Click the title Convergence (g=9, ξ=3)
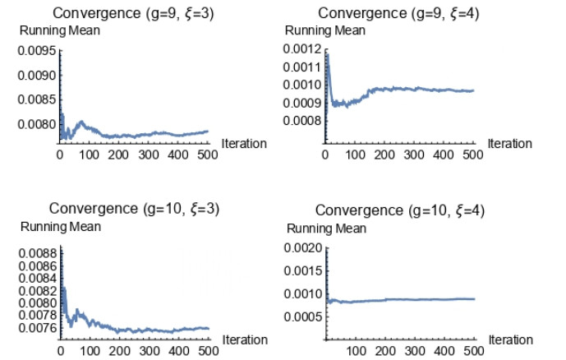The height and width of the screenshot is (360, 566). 133,13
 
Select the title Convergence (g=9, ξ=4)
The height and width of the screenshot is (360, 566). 398,13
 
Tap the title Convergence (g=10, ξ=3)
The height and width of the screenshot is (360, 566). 134,209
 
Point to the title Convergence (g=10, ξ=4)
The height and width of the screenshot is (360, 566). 399,210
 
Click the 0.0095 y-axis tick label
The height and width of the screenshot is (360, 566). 37,51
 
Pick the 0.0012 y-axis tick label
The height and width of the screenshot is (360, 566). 302,48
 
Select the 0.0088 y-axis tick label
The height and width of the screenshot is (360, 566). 38,253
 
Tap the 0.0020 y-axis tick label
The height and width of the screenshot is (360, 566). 303,248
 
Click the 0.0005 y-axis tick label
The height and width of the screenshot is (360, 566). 303,317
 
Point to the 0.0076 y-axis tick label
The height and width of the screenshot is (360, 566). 38,328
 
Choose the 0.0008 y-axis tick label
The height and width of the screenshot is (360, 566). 302,121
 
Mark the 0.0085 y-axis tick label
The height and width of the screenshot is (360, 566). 37,99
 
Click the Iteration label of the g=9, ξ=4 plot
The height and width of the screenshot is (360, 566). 509,144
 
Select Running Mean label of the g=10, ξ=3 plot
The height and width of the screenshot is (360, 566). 61,227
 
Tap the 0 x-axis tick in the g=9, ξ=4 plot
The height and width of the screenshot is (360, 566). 325,155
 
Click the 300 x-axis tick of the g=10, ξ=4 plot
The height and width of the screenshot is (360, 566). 415,351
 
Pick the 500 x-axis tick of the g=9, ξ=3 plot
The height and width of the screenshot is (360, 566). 208,155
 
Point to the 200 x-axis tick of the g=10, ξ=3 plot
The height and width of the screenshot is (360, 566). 119,351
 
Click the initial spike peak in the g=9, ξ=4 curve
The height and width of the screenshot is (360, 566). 327,54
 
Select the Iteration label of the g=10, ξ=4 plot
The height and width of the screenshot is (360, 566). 511,340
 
